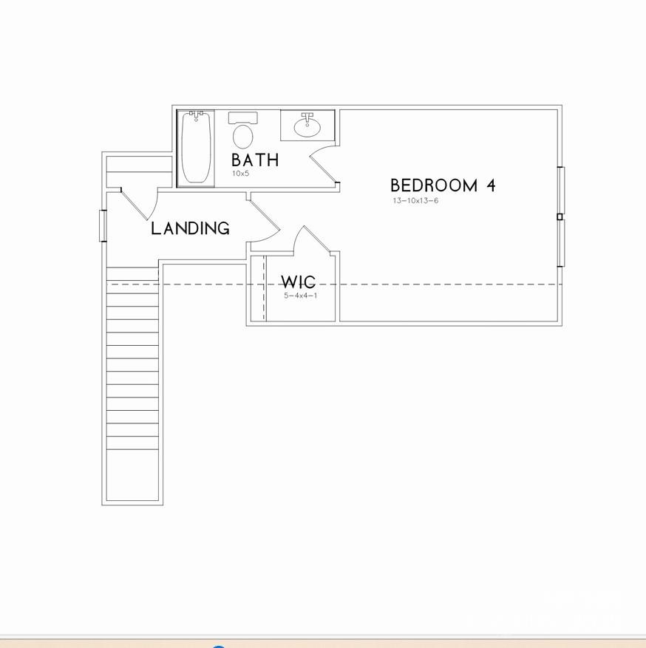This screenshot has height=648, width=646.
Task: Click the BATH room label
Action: [x=254, y=160]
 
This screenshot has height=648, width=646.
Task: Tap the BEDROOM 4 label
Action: [x=442, y=185]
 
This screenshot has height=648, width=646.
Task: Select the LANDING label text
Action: [x=190, y=229]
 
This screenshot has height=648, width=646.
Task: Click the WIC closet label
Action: [x=298, y=282]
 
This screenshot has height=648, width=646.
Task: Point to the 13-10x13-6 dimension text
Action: [x=415, y=201]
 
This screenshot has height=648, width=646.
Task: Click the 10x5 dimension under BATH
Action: [x=241, y=174]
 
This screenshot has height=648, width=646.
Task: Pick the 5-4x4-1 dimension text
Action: [x=300, y=296]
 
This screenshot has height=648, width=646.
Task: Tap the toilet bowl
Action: [x=242, y=137]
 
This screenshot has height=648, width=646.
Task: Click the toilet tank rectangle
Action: [x=242, y=117]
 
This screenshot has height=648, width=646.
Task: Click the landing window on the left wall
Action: [x=103, y=226]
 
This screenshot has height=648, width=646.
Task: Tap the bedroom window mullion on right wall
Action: [x=560, y=216]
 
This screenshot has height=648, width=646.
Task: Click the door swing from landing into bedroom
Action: [x=265, y=222]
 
